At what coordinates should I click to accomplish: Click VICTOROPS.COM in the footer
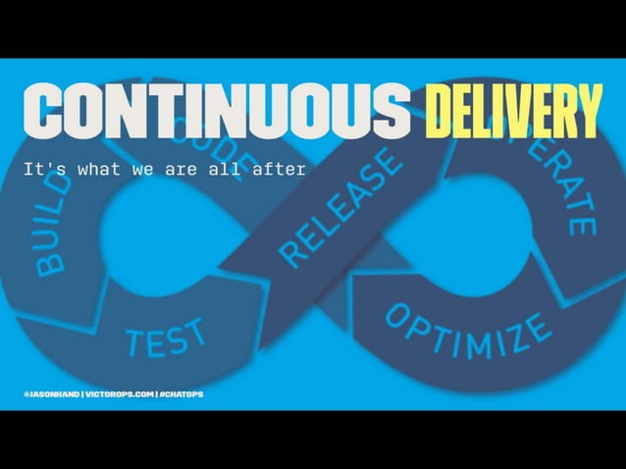tap(120, 394)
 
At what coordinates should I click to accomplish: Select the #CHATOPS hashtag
tap(181, 394)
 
